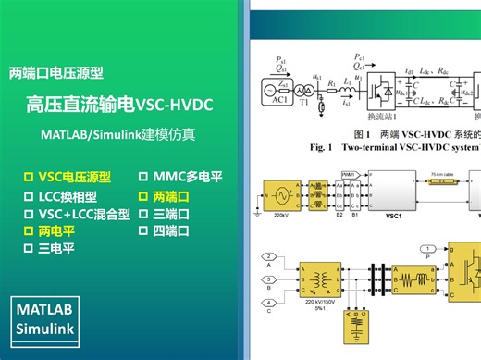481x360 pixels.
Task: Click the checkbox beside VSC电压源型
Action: coord(28,176)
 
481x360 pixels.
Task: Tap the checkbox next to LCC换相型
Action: coord(28,197)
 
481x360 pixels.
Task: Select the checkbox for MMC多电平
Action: coord(143,176)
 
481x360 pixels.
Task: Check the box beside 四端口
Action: coord(143,230)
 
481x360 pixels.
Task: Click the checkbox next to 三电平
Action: coord(28,249)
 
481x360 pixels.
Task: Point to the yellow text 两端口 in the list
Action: coord(171,197)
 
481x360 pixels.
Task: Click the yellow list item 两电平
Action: coord(56,231)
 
